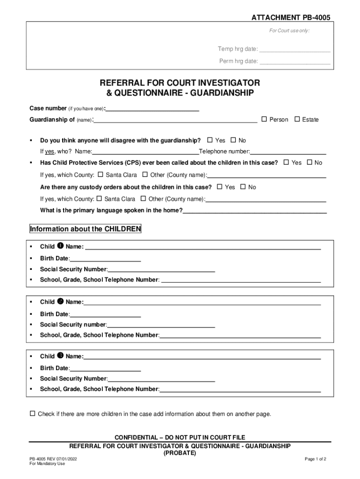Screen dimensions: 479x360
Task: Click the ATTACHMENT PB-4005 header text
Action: [291, 17]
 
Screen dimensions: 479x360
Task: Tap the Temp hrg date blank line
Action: [295, 50]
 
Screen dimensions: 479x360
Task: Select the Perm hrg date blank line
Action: [295, 61]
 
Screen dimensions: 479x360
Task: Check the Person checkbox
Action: [264, 119]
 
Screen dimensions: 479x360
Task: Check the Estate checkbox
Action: [297, 119]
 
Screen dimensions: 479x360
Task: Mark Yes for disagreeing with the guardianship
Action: [210, 140]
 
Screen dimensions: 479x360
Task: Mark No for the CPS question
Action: [309, 162]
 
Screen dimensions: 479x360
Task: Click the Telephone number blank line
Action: [288, 152]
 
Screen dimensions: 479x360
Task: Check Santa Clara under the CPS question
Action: [100, 174]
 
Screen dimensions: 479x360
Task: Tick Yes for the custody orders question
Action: [220, 187]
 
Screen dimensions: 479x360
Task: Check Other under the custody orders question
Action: [144, 198]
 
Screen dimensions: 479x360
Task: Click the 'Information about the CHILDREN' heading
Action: [85, 229]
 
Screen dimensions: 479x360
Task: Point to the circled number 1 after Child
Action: [60, 246]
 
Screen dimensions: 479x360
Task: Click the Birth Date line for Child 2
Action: [105, 314]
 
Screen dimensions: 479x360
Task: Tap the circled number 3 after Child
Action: [60, 356]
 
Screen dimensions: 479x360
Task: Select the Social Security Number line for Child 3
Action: [161, 379]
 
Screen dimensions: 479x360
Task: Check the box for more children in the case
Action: [32, 414]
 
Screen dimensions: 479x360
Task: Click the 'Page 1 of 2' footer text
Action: [315, 459]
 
